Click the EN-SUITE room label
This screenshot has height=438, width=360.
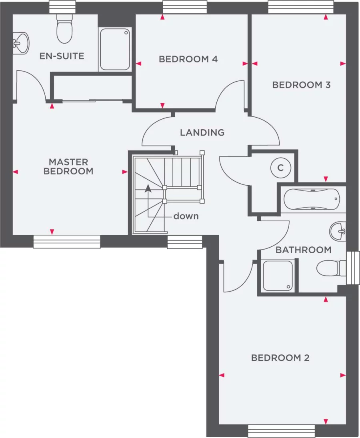click(x=62, y=56)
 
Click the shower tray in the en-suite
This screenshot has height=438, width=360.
click(x=115, y=49)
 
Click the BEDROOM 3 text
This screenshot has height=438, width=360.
click(x=301, y=85)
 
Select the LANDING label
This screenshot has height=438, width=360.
click(x=202, y=132)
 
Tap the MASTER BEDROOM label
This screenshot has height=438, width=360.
click(x=68, y=166)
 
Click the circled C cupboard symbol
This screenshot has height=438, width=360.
click(x=280, y=168)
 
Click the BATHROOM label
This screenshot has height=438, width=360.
click(x=304, y=250)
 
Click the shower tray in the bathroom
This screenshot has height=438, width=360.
click(x=278, y=275)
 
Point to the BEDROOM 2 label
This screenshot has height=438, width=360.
click(x=280, y=358)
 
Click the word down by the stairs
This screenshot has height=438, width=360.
click(x=186, y=216)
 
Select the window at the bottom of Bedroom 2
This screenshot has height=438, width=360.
click(x=281, y=431)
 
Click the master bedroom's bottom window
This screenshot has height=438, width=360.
click(x=66, y=242)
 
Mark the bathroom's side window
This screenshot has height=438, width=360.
click(x=353, y=268)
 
